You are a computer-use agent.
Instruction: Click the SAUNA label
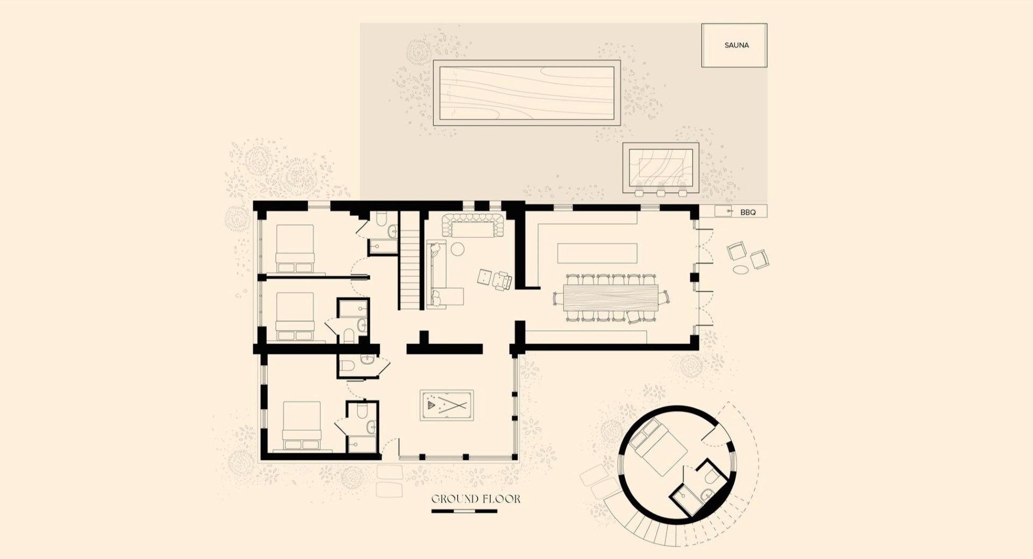coord(737,45)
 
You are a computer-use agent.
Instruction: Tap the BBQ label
coord(748,213)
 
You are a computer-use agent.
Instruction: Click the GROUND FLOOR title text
coord(476,499)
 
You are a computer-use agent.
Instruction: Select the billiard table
coord(447,404)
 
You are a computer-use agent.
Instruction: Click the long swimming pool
coord(527,93)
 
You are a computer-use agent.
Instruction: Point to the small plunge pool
coord(661,167)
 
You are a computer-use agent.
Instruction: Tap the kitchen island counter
coord(597,253)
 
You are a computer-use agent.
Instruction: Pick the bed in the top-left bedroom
coord(294,248)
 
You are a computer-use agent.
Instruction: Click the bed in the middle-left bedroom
coord(294,317)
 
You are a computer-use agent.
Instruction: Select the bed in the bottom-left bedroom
coord(302,425)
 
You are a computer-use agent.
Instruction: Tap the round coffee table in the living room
coord(457,249)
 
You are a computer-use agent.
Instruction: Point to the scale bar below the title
coord(464,510)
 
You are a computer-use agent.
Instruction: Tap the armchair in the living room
coord(503,280)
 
